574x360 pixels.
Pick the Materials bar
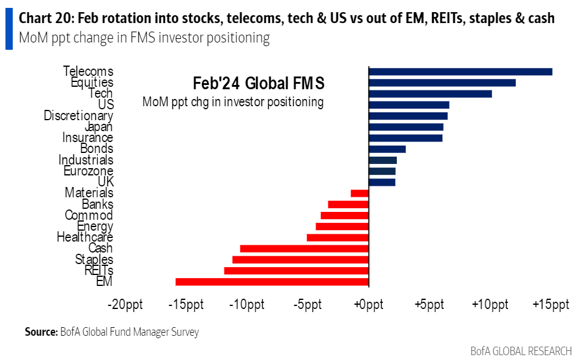pyautogui.click(x=360, y=193)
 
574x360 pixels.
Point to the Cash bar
pyautogui.click(x=304, y=248)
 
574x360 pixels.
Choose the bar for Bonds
pyautogui.click(x=387, y=149)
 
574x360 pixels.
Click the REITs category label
pyautogui.click(x=99, y=270)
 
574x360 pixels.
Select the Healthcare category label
pyautogui.click(x=85, y=237)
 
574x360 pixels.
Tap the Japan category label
pyautogui.click(x=98, y=127)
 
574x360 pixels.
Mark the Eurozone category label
pyautogui.click(x=88, y=171)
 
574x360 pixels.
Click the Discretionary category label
pyautogui.click(x=78, y=115)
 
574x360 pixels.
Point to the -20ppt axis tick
pyautogui.click(x=125, y=304)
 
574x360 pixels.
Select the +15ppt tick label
pyautogui.click(x=551, y=304)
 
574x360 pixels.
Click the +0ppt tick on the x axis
pyautogui.click(x=368, y=304)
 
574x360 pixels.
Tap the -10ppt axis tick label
pyautogui.click(x=246, y=304)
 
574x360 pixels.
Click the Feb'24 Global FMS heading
pyautogui.click(x=258, y=83)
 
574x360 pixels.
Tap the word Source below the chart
pyautogui.click(x=41, y=332)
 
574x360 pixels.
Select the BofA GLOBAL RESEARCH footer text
pyautogui.click(x=521, y=351)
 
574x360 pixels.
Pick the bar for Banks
pyautogui.click(x=348, y=204)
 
